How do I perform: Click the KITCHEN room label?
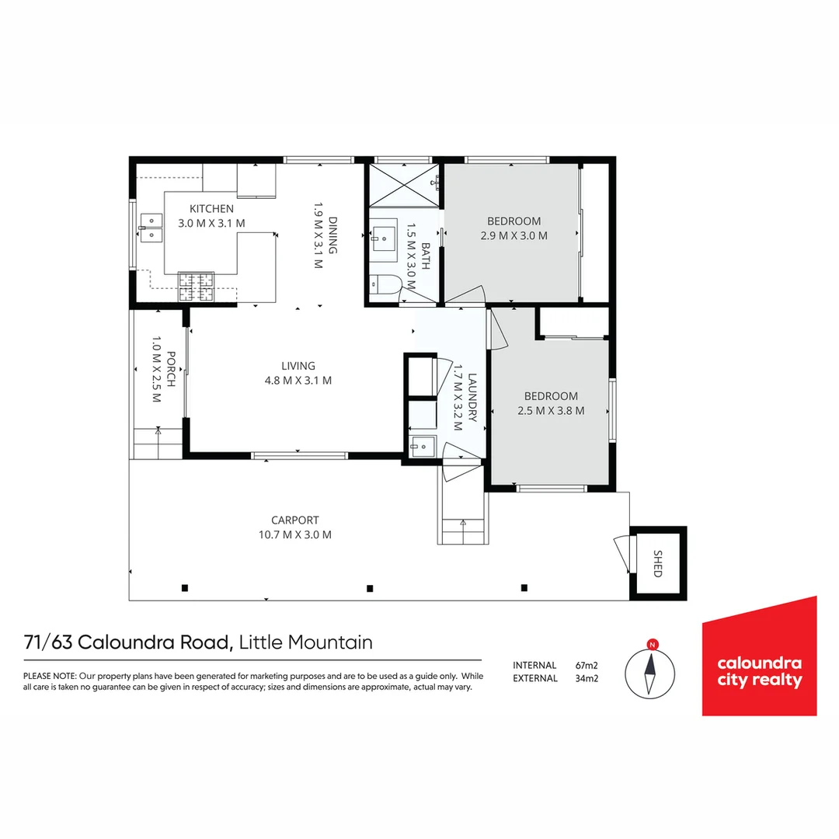[x=211, y=209]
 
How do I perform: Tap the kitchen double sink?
[x=151, y=226]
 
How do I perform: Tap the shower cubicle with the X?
[x=403, y=186]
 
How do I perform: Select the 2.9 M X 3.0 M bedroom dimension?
[x=513, y=235]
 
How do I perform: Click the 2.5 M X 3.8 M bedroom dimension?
[x=551, y=410]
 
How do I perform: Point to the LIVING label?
[x=298, y=366]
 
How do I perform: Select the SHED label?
[x=657, y=563]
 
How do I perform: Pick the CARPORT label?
[x=294, y=520]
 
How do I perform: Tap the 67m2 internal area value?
[x=587, y=665]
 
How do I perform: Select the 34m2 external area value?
[x=587, y=678]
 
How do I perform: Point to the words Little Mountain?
[x=306, y=642]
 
